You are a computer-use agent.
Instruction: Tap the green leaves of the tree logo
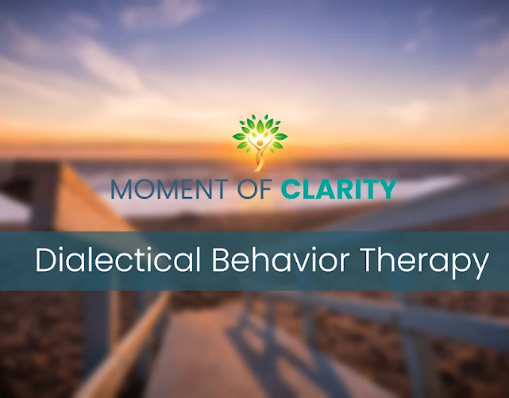[x=260, y=129]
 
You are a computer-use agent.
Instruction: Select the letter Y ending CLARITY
[x=387, y=190]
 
